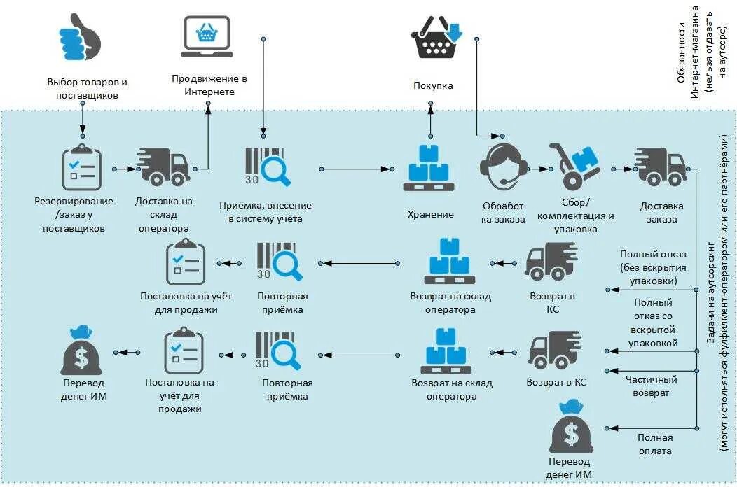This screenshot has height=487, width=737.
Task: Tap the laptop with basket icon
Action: point(207,36)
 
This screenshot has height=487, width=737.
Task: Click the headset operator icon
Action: point(503,165)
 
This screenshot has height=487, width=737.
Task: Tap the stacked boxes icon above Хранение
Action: point(429,168)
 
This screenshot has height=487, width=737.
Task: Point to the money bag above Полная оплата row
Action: point(572,427)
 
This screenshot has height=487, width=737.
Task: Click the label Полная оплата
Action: point(654,444)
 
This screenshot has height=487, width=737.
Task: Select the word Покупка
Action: point(433,85)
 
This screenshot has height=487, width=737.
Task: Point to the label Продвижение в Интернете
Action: point(209,85)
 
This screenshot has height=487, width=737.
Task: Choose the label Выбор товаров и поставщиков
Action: point(88,88)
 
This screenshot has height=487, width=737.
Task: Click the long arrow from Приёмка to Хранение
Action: point(354,169)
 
